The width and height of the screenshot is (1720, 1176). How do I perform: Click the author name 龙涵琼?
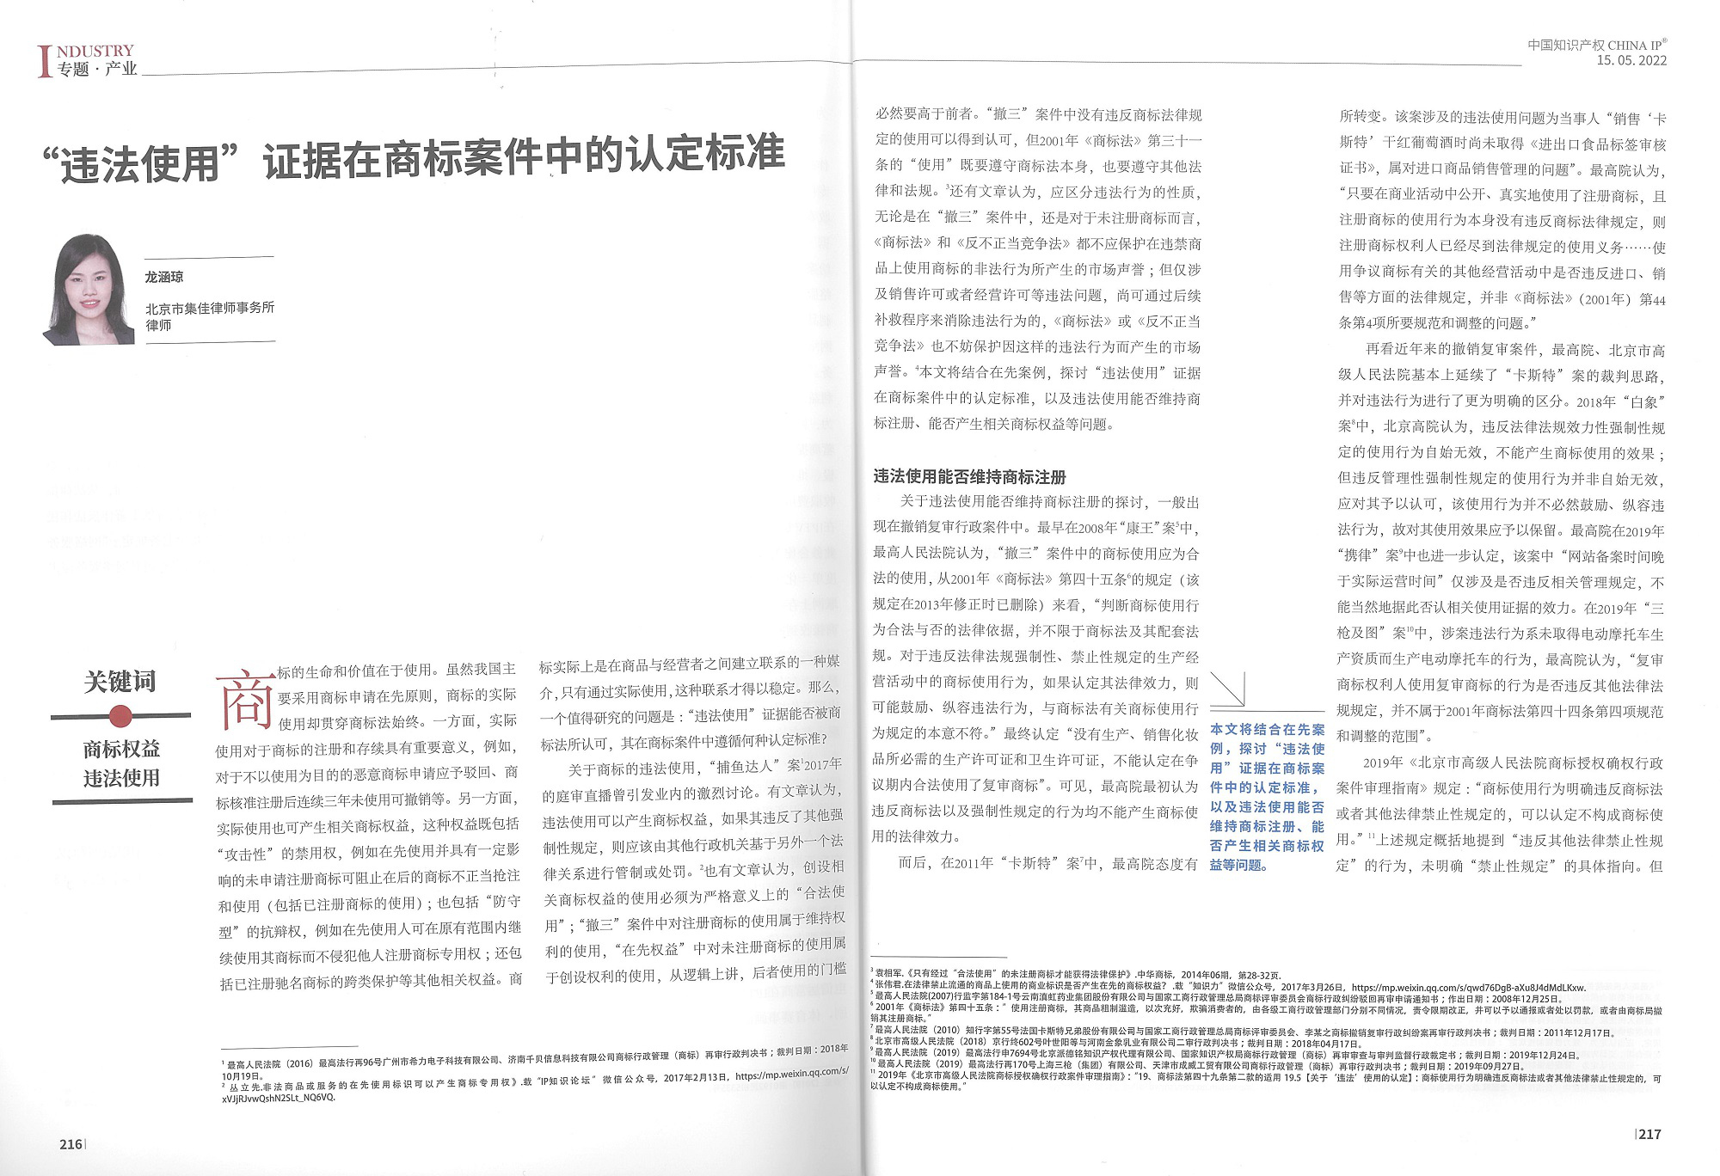click(x=164, y=277)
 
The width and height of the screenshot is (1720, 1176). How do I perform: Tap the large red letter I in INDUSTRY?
click(x=44, y=61)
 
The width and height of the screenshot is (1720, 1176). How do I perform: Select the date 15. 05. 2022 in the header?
click(x=1631, y=60)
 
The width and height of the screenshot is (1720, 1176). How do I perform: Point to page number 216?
click(x=71, y=1144)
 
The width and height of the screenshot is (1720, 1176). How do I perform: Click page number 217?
click(x=1649, y=1134)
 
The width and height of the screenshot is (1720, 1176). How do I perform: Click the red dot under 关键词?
click(x=120, y=715)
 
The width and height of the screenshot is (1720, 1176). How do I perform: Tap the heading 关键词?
click(x=120, y=682)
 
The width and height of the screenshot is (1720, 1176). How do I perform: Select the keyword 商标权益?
click(x=121, y=749)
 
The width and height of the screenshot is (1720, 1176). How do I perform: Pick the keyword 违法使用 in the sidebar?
click(x=121, y=778)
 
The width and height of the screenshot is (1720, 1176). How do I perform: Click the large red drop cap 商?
click(x=246, y=698)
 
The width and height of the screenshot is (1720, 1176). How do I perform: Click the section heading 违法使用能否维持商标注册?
click(x=969, y=476)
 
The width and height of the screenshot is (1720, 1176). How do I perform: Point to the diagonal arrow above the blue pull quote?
click(x=1228, y=689)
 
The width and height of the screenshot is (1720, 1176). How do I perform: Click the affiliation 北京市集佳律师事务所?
click(x=210, y=308)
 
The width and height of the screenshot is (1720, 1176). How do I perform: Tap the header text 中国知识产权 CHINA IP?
click(x=1595, y=45)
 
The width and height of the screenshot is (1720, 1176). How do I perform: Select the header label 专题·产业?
click(x=97, y=70)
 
